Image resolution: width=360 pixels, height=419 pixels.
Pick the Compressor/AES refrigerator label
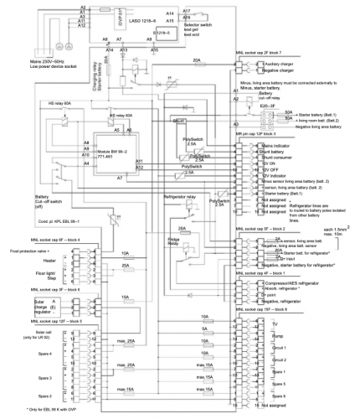(298, 283)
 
